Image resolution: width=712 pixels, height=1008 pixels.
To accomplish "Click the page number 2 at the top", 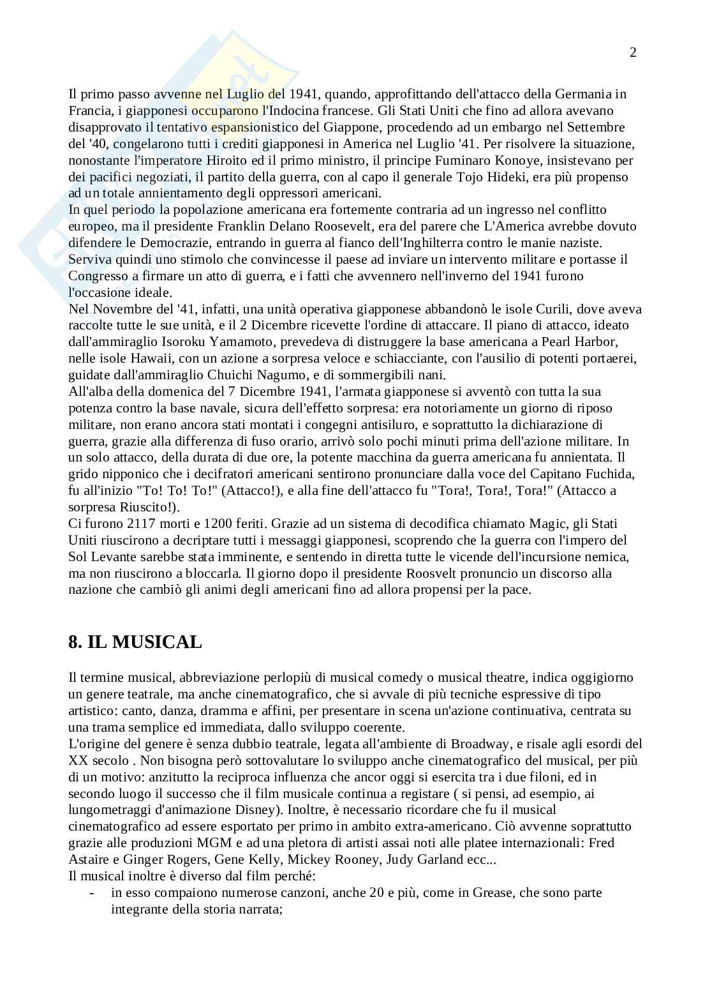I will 633,52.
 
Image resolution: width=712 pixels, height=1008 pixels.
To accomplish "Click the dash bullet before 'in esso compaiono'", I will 93,892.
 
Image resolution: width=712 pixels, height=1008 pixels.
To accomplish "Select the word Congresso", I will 97,276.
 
